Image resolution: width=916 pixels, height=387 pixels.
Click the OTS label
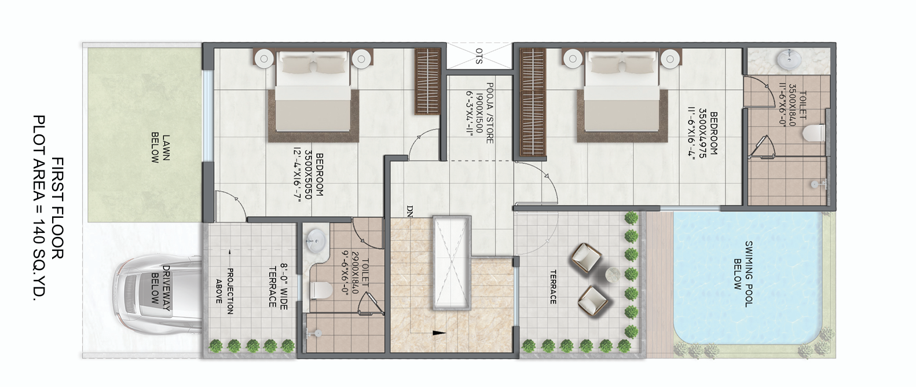479,56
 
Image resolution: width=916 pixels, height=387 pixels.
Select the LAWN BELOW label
160,148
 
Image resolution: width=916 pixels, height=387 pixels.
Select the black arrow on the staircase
439,333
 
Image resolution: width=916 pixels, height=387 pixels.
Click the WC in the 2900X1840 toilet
320,288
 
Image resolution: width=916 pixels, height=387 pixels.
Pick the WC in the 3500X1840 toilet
814,133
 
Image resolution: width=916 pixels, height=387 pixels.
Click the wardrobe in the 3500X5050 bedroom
428,82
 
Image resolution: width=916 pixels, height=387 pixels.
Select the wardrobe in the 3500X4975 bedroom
533,102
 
